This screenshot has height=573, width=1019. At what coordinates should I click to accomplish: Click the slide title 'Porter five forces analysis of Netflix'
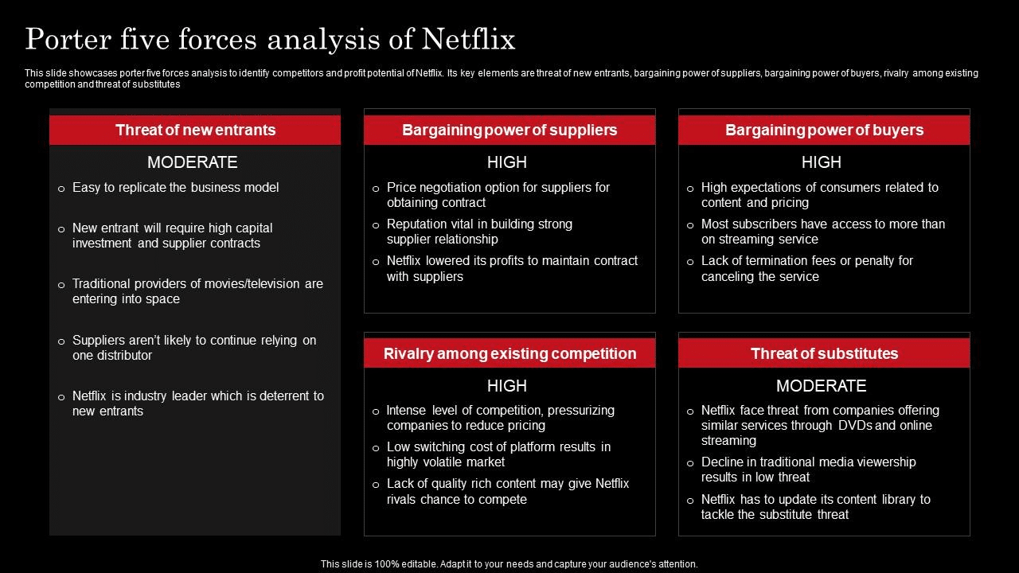coord(270,39)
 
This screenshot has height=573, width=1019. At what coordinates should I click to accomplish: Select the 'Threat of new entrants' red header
coord(195,130)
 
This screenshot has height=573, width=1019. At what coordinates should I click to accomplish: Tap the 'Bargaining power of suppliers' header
coord(509,130)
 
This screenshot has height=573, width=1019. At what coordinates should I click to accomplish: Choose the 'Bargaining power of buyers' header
coord(824,130)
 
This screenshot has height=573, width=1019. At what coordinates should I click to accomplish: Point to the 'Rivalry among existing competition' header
coord(509,353)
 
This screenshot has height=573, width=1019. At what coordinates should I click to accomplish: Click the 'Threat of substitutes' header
coord(824,353)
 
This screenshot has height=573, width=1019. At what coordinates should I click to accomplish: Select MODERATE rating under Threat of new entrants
coord(193,162)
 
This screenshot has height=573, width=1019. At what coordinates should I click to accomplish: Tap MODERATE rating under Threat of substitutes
coord(821,386)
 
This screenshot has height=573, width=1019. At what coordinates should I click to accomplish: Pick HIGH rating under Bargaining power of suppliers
coord(507,162)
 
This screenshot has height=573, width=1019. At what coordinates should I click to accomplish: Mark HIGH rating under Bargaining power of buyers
coord(821,162)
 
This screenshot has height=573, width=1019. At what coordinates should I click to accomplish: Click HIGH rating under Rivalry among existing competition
coord(507,386)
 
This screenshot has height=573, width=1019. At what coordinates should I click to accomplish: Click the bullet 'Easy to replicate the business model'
coord(175,188)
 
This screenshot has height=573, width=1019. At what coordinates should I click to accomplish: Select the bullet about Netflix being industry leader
coord(197,403)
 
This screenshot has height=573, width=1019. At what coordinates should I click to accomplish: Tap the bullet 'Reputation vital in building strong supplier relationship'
coord(479,232)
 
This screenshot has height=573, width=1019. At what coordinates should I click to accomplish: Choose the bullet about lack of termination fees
coord(806,268)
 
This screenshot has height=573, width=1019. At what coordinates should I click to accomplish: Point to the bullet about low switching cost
coord(498,454)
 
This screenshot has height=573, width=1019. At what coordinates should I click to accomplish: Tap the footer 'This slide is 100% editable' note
coord(509,563)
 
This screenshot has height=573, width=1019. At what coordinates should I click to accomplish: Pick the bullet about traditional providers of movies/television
coord(197,291)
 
